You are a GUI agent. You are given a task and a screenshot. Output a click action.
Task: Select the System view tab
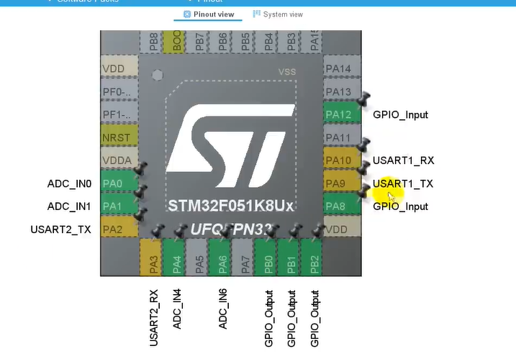[x=278, y=14]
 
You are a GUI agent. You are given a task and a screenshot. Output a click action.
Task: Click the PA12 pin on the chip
[x=337, y=114]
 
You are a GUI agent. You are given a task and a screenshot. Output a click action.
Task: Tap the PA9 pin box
[x=337, y=183]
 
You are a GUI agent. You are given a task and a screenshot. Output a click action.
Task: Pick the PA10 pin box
[x=337, y=160]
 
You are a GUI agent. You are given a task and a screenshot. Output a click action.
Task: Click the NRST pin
[x=118, y=137]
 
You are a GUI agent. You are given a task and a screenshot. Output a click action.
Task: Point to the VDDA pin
[x=118, y=160]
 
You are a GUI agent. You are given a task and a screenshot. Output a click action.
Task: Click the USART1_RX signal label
[x=403, y=160]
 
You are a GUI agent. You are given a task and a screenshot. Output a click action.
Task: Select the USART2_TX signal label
[x=60, y=229]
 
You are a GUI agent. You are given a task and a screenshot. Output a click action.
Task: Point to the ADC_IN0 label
[x=69, y=183]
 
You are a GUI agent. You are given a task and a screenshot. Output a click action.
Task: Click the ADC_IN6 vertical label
[x=223, y=309]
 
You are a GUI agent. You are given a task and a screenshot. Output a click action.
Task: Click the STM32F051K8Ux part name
[x=231, y=206]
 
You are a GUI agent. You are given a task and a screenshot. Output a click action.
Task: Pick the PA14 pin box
[x=337, y=69]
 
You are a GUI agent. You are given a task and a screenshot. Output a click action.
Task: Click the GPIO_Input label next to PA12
[x=400, y=114]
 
